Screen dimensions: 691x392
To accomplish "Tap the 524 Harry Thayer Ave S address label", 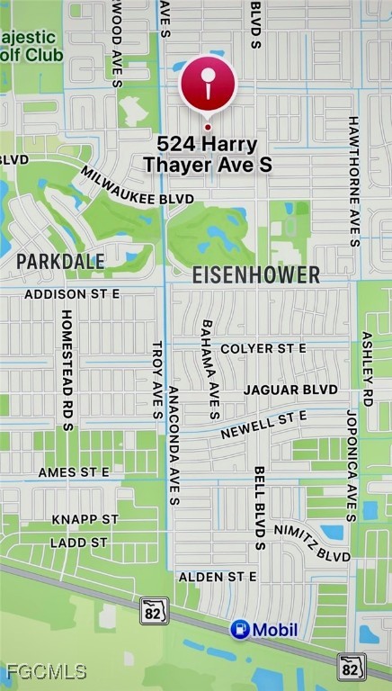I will tap(207, 154).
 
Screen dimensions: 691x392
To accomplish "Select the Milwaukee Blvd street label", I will tap(137, 184).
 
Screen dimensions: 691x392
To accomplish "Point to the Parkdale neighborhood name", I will tap(60, 261).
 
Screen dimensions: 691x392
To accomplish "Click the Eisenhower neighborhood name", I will tap(256, 275).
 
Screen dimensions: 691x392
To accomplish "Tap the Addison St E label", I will tap(72, 294).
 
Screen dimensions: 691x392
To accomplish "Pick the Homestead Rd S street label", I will tap(67, 370).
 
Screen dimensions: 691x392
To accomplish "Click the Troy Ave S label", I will tap(156, 380).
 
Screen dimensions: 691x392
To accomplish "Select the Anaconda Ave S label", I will tap(174, 447).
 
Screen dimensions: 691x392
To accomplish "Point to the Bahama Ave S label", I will tap(210, 369).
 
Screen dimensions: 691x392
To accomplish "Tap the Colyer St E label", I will tap(263, 348).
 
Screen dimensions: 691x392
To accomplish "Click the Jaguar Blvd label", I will tap(290, 390).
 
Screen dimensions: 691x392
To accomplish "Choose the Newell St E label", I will tap(264, 423).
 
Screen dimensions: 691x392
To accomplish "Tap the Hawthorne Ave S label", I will tap(353, 180).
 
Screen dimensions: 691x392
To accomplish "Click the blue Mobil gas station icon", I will tap(240, 629).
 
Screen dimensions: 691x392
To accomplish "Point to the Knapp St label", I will tap(85, 519).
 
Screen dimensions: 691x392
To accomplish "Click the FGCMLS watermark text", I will tap(46, 671).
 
